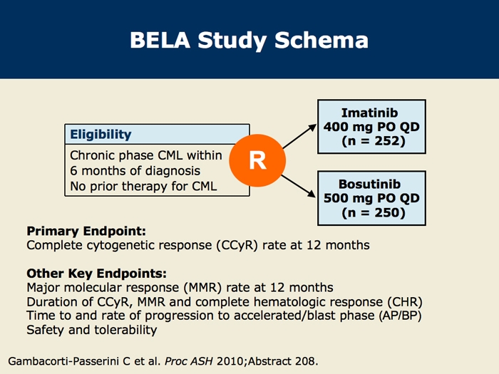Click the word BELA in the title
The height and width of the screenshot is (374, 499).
[x=160, y=40]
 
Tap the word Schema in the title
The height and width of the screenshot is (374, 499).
[x=321, y=40]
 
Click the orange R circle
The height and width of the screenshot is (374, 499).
[x=257, y=160]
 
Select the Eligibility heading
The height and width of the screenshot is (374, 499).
[x=101, y=135]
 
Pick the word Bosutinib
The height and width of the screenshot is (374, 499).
[x=369, y=184]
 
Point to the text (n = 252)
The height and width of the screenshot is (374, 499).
[x=374, y=141]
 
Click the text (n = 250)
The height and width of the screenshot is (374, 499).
[x=374, y=212]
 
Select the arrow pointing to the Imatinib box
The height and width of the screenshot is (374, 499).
[x=299, y=137]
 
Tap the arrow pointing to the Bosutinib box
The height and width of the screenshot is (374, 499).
[x=299, y=186]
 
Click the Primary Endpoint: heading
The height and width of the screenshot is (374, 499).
[x=86, y=232]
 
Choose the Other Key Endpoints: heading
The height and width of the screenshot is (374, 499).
[x=96, y=274]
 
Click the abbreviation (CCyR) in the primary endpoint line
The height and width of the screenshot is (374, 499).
[x=237, y=246]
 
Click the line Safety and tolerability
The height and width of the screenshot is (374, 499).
[x=92, y=330]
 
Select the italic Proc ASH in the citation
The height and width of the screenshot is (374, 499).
[x=189, y=361]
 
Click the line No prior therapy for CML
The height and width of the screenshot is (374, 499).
[x=143, y=187]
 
